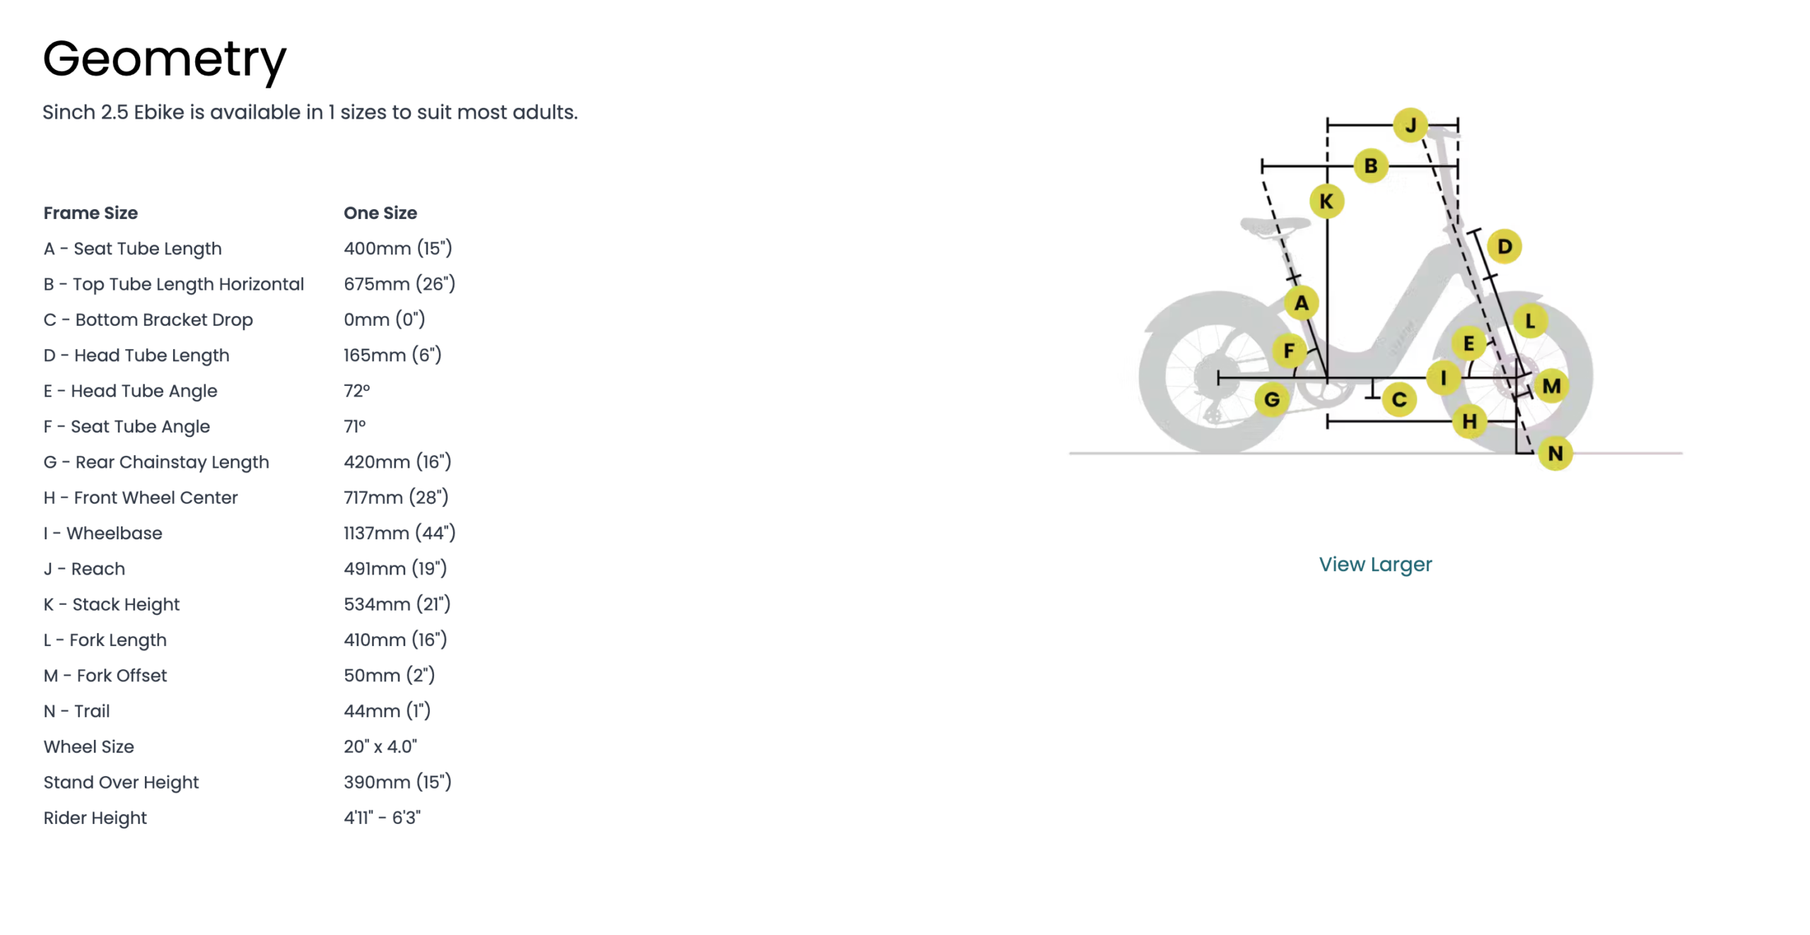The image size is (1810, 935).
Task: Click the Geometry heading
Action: [x=164, y=59]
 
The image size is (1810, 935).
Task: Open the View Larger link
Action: [x=1375, y=564]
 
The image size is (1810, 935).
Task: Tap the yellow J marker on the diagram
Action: [x=1411, y=126]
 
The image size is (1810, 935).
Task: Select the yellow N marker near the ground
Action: [x=1555, y=453]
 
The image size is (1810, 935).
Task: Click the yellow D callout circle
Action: [x=1505, y=247]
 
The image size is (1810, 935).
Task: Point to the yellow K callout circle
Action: [x=1326, y=201]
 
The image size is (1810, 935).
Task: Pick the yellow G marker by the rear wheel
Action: [x=1272, y=399]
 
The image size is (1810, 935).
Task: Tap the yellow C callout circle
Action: [x=1399, y=400]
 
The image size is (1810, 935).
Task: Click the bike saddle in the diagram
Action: [x=1275, y=226]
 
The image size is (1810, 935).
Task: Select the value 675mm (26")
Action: [x=399, y=284]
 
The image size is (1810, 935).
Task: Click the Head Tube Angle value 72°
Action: [x=357, y=391]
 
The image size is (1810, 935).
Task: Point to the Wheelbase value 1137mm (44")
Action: [x=399, y=533]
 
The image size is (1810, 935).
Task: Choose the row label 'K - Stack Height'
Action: [x=112, y=604]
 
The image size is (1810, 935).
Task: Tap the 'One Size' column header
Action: [x=380, y=213]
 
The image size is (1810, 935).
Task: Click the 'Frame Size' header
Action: [x=90, y=213]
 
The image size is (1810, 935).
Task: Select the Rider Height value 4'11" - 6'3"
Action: [x=383, y=818]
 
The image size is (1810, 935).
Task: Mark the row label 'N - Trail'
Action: [x=76, y=711]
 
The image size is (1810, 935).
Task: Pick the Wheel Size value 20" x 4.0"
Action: [x=380, y=746]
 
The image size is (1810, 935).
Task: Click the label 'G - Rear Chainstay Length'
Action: [x=156, y=462]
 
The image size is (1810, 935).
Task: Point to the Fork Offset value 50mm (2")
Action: [x=390, y=676]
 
